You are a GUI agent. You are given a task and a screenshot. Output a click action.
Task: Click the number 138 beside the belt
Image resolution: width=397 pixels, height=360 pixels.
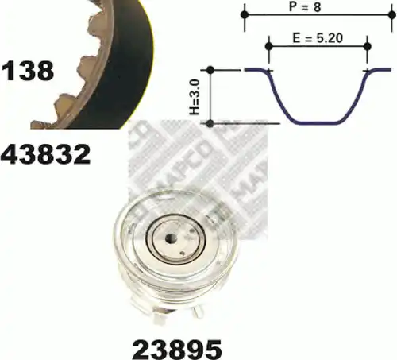click(27, 71)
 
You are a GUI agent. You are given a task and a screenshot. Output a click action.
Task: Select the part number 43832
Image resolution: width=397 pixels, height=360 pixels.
click(45, 154)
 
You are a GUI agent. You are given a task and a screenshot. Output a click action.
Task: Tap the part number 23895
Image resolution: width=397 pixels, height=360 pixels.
click(177, 349)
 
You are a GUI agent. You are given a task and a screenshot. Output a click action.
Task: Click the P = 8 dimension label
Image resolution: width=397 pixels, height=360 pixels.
click(305, 6)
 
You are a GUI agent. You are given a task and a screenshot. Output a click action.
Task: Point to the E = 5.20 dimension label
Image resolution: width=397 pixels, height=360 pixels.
click(318, 38)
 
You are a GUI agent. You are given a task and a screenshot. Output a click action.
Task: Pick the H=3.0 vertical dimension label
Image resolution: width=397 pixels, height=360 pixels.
click(194, 97)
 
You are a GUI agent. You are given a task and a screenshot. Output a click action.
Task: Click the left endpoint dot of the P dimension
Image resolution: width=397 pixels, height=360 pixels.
click(245, 14)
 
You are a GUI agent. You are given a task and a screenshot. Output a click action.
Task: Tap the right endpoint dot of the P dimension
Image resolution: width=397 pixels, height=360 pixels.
click(392, 15)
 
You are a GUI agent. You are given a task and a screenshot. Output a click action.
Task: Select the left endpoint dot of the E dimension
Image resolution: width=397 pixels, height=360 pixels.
click(269, 47)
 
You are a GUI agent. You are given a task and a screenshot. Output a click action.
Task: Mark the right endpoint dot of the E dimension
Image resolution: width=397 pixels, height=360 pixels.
click(368, 46)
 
